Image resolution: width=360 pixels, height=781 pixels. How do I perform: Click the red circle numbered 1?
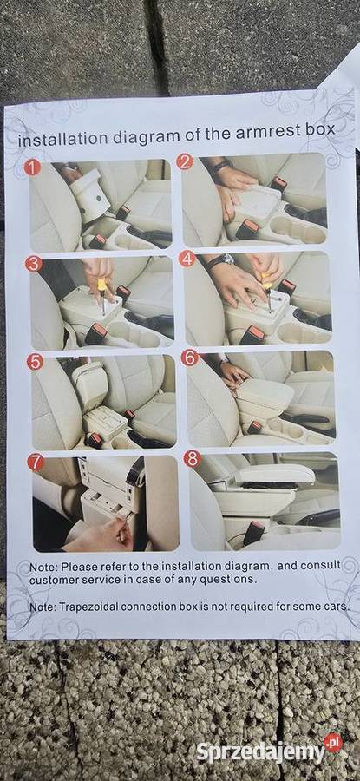point(32,167)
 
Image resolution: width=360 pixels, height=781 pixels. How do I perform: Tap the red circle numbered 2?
point(184,162)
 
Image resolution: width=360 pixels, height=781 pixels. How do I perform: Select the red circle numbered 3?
point(33,264)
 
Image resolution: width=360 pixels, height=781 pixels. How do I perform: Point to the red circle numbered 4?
point(187,259)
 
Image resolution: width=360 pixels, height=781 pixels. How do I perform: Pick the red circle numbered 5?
point(35,362)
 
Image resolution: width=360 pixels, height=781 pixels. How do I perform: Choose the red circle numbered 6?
point(190,358)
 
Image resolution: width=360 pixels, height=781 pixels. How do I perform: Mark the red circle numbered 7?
point(36,463)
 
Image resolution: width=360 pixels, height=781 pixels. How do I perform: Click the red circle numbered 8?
point(193,459)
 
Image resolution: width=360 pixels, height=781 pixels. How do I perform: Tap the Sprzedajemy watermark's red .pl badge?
point(333,743)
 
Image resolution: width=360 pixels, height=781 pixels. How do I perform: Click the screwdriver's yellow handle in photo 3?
point(102,285)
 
